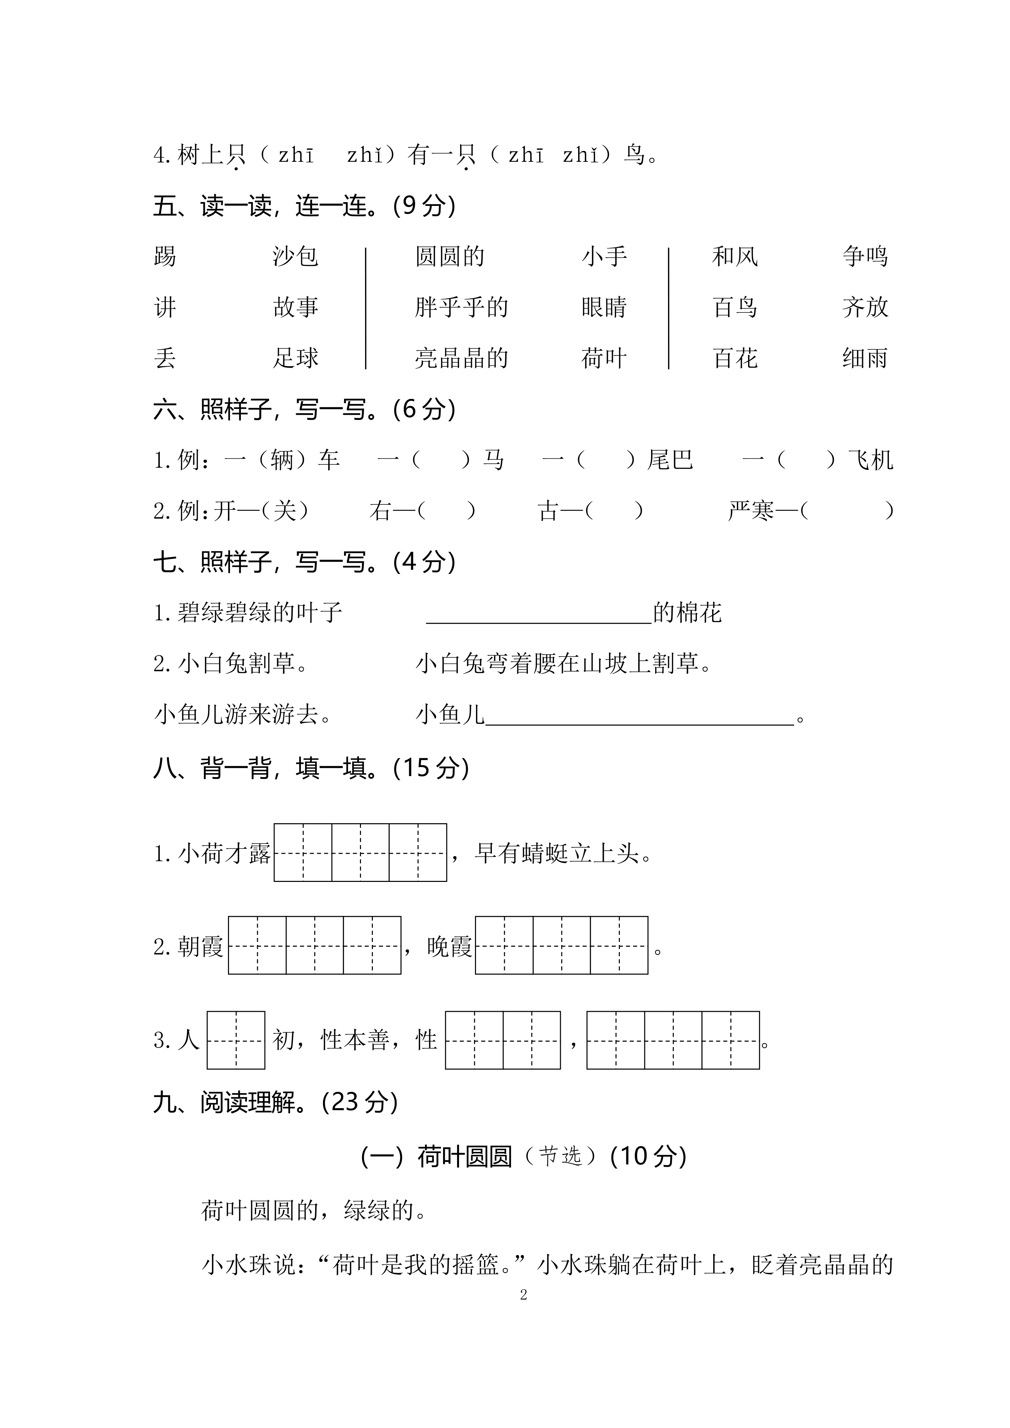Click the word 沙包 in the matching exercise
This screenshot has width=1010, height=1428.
pos(296,256)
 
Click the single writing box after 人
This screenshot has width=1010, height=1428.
pos(236,1041)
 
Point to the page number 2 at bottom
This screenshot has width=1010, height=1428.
pos(523,1295)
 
